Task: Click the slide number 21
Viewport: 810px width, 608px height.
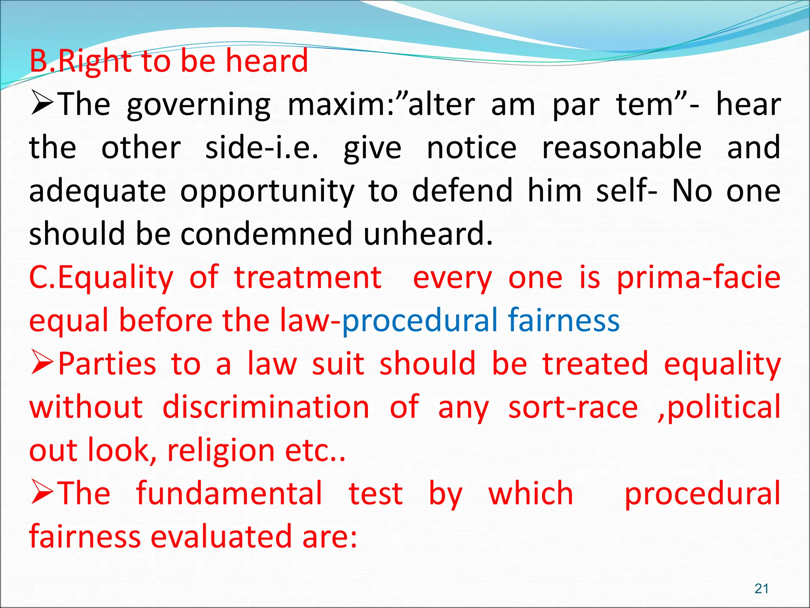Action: tap(761, 589)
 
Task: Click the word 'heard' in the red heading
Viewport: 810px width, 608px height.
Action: tap(267, 61)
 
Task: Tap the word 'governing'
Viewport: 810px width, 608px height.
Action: tap(199, 105)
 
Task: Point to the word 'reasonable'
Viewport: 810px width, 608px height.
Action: tap(621, 148)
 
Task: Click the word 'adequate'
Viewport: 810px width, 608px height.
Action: tap(97, 191)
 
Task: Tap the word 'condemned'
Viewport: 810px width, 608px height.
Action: tap(266, 234)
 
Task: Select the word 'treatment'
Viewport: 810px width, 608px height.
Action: tap(308, 277)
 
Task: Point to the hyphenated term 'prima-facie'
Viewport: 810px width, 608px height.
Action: tap(698, 277)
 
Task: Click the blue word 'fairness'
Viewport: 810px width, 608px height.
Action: tap(564, 320)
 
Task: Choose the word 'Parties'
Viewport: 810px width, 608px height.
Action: tap(107, 364)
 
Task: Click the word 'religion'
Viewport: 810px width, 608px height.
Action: tap(221, 450)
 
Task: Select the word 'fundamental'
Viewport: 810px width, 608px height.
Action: tap(229, 494)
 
